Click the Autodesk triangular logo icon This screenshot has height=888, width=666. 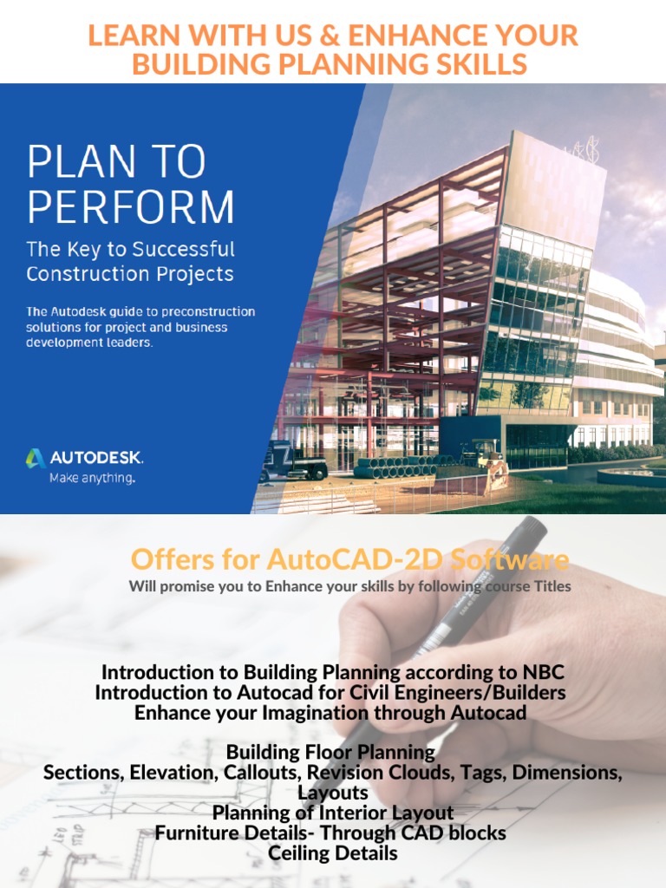click(x=36, y=458)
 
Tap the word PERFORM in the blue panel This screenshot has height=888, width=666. click(x=130, y=207)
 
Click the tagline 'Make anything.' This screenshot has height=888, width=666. click(x=92, y=477)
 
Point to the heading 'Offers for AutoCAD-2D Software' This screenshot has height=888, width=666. click(x=349, y=559)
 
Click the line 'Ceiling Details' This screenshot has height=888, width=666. click(x=333, y=852)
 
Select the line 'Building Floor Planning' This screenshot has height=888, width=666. click(x=330, y=751)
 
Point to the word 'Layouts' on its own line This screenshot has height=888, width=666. click(x=333, y=793)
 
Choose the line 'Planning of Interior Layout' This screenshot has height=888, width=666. click(x=333, y=813)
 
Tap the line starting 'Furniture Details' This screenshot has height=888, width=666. click(x=330, y=832)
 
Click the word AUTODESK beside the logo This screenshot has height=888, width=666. click(x=96, y=458)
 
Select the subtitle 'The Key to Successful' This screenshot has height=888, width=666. click(x=130, y=249)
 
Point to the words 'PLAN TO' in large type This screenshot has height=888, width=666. click(x=116, y=162)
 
